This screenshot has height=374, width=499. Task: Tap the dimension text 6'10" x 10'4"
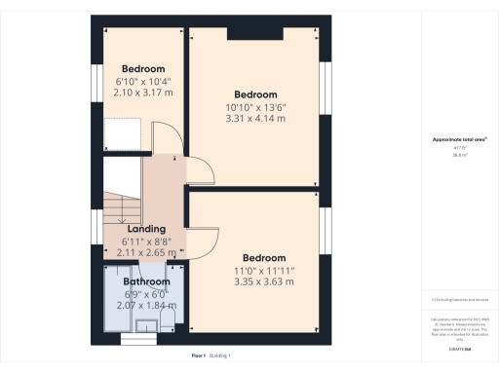pos(144,82)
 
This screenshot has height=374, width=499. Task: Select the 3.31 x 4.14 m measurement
pos(254,118)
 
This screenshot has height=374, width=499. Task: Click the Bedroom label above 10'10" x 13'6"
pos(254,94)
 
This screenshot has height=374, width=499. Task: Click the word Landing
pos(145,229)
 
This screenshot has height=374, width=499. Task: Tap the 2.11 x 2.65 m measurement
pos(145,252)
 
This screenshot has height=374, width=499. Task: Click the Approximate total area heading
pos(459,139)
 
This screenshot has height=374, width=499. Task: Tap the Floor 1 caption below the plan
pos(199,356)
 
